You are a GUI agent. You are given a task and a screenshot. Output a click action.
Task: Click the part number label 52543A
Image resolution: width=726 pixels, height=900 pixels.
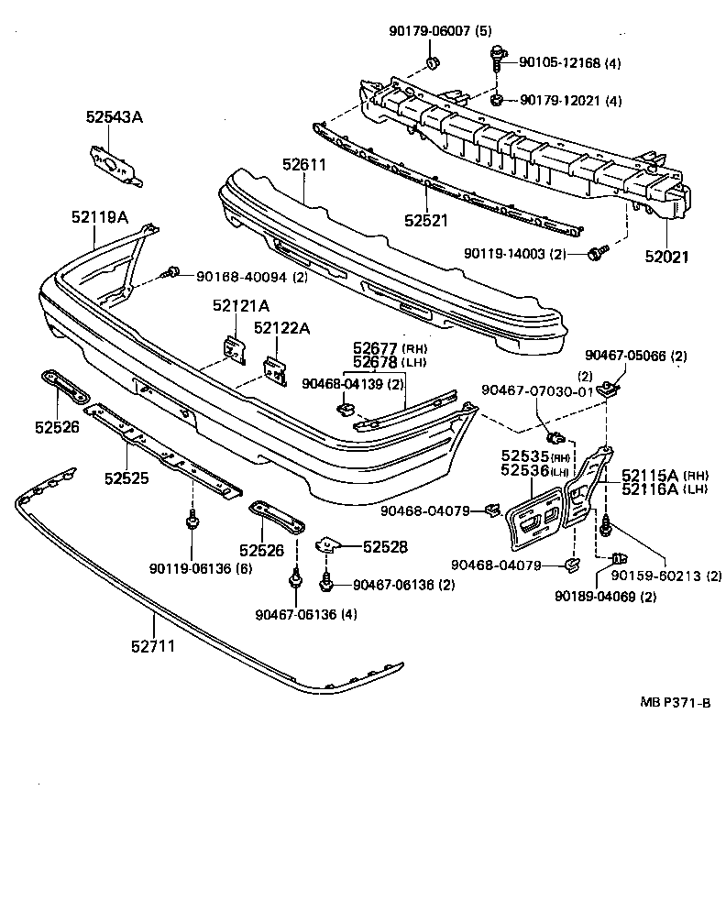click(115, 117)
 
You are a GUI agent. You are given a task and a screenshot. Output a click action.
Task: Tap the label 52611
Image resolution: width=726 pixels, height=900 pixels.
click(304, 165)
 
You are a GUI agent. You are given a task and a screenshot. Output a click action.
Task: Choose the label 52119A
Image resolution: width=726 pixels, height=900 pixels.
click(100, 217)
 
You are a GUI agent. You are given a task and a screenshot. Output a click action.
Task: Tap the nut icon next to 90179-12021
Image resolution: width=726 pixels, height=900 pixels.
click(496, 99)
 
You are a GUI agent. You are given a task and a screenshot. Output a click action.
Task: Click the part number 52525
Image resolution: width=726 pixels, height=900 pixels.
click(126, 477)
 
